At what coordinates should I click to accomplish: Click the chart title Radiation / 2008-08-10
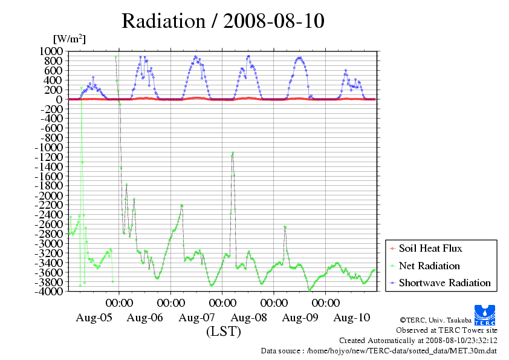click(x=223, y=21)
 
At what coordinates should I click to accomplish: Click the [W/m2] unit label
click(x=70, y=39)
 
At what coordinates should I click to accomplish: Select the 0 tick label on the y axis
click(x=59, y=99)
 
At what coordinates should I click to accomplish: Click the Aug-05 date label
click(x=94, y=318)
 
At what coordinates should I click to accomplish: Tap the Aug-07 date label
click(x=198, y=318)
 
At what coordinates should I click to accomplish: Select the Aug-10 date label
click(x=352, y=318)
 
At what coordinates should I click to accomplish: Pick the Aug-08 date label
click(x=249, y=318)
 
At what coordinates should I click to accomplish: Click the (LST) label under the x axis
click(x=224, y=332)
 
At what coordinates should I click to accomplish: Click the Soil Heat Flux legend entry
click(x=430, y=249)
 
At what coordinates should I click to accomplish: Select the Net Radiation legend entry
click(x=429, y=266)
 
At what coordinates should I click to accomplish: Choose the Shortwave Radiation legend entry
click(x=444, y=283)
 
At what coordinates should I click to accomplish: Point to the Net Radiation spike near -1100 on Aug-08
click(x=233, y=154)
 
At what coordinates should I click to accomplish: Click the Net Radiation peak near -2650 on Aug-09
click(x=285, y=226)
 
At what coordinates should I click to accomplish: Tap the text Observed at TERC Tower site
click(x=446, y=330)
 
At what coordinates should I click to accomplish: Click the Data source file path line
click(x=378, y=350)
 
